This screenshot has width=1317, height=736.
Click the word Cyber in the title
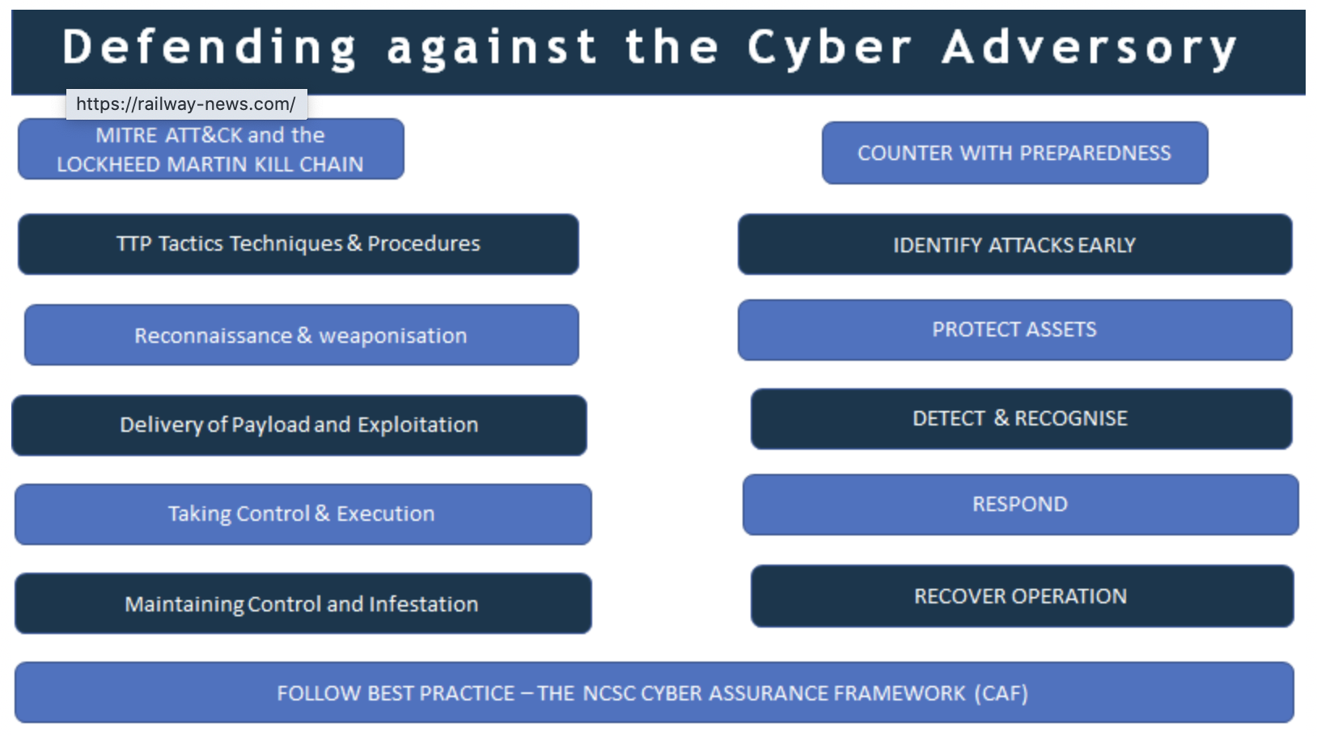829,47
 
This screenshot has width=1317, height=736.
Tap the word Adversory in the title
1089,47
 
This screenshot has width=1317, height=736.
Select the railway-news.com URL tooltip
186,104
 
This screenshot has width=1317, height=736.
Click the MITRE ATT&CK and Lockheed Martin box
210,150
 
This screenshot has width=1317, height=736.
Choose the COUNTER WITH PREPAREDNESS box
1014,153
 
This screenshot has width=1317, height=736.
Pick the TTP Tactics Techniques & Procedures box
298,244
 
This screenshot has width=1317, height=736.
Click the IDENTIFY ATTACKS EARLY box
1014,245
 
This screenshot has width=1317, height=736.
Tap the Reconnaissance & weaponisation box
301,336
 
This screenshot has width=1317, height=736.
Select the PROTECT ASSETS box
1014,330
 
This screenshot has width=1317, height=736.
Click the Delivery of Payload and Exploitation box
299,425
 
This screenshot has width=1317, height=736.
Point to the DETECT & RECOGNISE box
1021,419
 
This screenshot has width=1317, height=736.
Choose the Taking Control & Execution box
303,514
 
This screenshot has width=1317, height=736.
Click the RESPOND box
1020,505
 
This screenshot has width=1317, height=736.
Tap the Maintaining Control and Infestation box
303,604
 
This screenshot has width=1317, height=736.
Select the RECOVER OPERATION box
1021,597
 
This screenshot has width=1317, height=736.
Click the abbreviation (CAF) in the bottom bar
1001,693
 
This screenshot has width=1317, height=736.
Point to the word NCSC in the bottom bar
608,693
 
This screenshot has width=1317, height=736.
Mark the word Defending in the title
210,47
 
